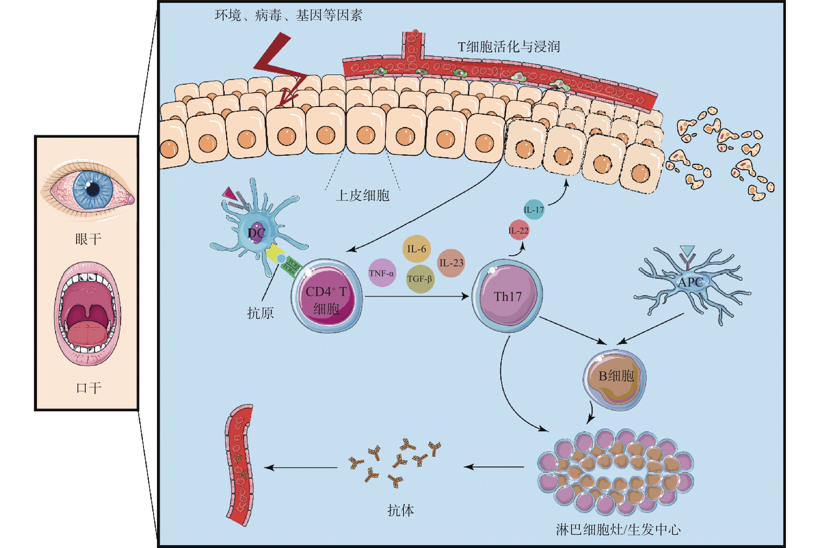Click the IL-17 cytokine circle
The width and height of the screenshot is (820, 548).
click(x=534, y=209)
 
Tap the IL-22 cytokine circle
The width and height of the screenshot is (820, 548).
click(x=519, y=230)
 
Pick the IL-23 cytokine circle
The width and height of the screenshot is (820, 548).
click(x=451, y=263)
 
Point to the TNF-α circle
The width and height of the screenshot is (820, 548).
click(x=382, y=273)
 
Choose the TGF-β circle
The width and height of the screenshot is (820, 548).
click(x=420, y=279)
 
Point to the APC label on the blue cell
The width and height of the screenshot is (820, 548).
click(x=690, y=282)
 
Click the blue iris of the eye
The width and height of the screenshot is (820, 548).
click(x=93, y=189)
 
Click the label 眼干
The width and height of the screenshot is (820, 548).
click(x=89, y=240)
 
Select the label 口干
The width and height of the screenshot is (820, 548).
click(x=89, y=388)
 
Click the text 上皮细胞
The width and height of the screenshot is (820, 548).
click(x=362, y=195)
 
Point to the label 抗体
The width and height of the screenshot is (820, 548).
click(x=400, y=511)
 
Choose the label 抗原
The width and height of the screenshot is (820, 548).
click(x=260, y=313)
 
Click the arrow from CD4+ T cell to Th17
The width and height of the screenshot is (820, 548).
click(x=416, y=296)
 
